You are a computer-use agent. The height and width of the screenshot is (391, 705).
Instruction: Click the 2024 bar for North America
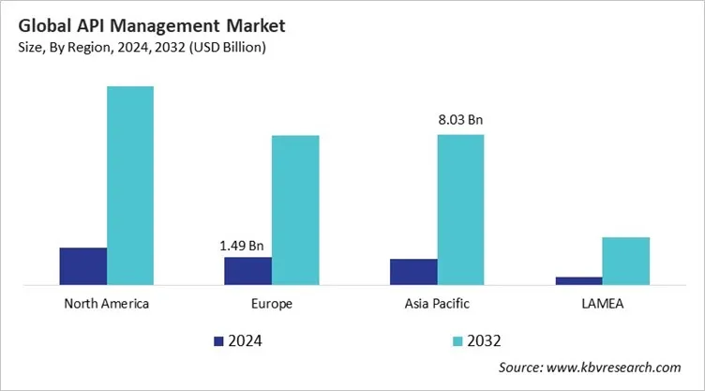pyautogui.click(x=82, y=266)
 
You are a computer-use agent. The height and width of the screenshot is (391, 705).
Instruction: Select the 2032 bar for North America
pyautogui.click(x=130, y=186)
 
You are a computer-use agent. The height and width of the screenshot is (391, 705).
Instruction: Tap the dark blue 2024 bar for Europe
pyautogui.click(x=247, y=271)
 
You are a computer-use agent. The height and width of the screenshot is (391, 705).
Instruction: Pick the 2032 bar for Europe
pyautogui.click(x=295, y=210)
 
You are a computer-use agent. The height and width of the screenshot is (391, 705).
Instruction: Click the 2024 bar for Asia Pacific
pyautogui.click(x=413, y=272)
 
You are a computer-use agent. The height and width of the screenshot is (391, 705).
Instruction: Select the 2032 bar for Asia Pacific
pyautogui.click(x=460, y=209)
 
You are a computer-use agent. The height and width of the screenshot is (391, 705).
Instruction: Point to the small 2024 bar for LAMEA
pyautogui.click(x=578, y=280)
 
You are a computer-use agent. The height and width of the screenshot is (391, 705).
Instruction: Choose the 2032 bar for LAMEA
pyautogui.click(x=625, y=261)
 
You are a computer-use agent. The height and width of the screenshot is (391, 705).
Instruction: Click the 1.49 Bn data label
pyautogui.click(x=246, y=246)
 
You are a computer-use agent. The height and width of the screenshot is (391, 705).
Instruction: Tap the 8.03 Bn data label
pyautogui.click(x=460, y=120)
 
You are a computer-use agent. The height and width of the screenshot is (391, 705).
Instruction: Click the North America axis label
pyautogui.click(x=106, y=305)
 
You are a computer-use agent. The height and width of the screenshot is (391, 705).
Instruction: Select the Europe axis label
pyautogui.click(x=272, y=305)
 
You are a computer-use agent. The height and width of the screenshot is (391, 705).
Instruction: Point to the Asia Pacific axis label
pyautogui.click(x=437, y=305)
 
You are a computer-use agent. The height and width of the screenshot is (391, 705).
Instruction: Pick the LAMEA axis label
pyautogui.click(x=602, y=305)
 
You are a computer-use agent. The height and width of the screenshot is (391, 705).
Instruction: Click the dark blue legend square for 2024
pyautogui.click(x=219, y=340)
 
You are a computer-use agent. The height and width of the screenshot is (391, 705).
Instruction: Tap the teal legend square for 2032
pyautogui.click(x=459, y=340)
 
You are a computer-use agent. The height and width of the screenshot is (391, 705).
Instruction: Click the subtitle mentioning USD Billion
pyautogui.click(x=142, y=47)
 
